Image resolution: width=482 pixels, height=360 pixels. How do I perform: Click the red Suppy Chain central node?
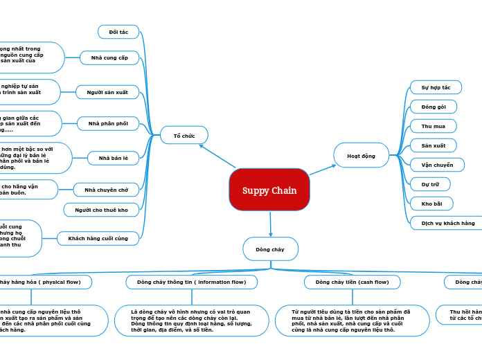[x=269, y=190]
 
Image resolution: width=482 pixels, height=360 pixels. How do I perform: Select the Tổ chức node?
[x=184, y=135]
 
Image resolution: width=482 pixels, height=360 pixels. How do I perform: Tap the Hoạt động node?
[x=361, y=156]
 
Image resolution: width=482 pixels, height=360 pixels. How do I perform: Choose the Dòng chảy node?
[x=270, y=249]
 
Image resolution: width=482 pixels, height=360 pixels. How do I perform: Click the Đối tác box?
[x=118, y=32]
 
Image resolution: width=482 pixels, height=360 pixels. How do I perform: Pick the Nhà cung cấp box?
[x=109, y=57]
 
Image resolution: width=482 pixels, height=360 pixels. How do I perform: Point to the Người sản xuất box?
[x=102, y=92]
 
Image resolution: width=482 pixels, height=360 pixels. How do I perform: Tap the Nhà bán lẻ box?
[x=114, y=158]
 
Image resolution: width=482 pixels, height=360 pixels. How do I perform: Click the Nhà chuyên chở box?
[x=106, y=189]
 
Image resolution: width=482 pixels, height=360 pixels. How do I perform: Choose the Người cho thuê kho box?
[x=101, y=210]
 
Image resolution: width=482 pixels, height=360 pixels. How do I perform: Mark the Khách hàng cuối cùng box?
[x=98, y=238]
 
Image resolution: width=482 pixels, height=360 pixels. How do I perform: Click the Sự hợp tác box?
[x=436, y=88]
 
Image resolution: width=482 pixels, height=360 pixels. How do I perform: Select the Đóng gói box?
[x=434, y=107]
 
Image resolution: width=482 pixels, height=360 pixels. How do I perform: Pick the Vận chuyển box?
[x=438, y=165]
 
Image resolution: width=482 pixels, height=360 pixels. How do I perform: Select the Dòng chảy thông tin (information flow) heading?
[x=191, y=282]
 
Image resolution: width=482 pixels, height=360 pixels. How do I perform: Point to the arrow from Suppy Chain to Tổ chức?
[x=216, y=156]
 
